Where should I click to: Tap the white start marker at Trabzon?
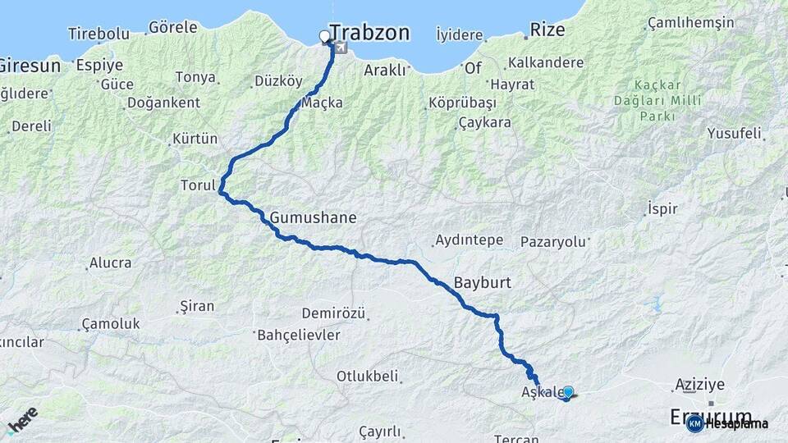point(324,36)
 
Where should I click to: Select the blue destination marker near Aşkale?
point(567,392)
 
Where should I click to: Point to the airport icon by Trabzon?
point(340,47)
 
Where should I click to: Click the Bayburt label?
point(482,282)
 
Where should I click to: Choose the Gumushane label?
point(313,217)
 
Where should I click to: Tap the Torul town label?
point(197,185)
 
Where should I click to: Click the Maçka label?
point(322,103)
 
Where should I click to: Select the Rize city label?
point(547,30)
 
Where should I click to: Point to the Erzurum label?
point(711,417)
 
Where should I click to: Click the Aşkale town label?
point(539,393)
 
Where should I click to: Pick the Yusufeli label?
point(734,133)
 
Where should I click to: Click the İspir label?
point(662,208)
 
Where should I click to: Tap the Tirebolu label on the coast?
point(98,34)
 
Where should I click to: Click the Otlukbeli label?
point(367,376)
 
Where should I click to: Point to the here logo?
point(22,418)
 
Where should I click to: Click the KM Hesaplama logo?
point(727,423)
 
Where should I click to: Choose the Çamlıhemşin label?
point(690,22)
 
